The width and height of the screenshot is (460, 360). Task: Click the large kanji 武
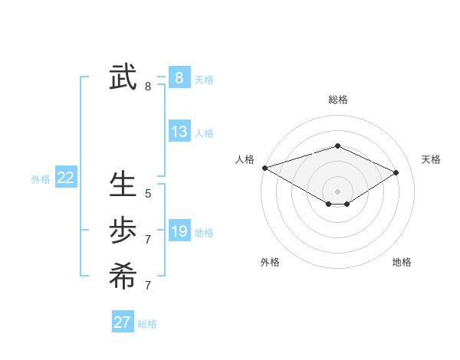(x=123, y=78)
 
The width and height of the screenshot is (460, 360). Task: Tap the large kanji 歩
(x=123, y=230)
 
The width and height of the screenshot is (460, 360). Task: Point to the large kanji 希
(x=123, y=275)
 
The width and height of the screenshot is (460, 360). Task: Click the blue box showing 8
(x=179, y=78)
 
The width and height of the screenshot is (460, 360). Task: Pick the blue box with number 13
(x=179, y=132)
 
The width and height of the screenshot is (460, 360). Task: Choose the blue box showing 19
(x=179, y=231)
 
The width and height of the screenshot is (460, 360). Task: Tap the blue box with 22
(x=65, y=178)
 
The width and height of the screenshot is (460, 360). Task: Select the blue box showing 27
(x=122, y=322)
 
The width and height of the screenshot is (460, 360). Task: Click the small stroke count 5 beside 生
(x=148, y=194)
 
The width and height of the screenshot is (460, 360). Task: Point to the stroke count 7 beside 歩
(x=148, y=240)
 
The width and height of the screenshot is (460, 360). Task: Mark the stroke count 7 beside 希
(x=148, y=286)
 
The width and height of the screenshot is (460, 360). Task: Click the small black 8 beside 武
(x=148, y=87)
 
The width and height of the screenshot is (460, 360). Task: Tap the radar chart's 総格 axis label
(x=337, y=100)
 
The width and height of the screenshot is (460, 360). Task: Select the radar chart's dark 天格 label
(x=431, y=159)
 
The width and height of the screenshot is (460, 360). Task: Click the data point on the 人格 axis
(x=264, y=167)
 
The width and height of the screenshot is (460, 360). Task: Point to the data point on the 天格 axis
(x=396, y=172)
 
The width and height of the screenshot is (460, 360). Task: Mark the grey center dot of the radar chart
(x=337, y=191)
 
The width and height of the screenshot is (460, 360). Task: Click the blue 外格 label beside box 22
(x=41, y=179)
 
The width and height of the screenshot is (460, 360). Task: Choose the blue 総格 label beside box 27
(x=147, y=324)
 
